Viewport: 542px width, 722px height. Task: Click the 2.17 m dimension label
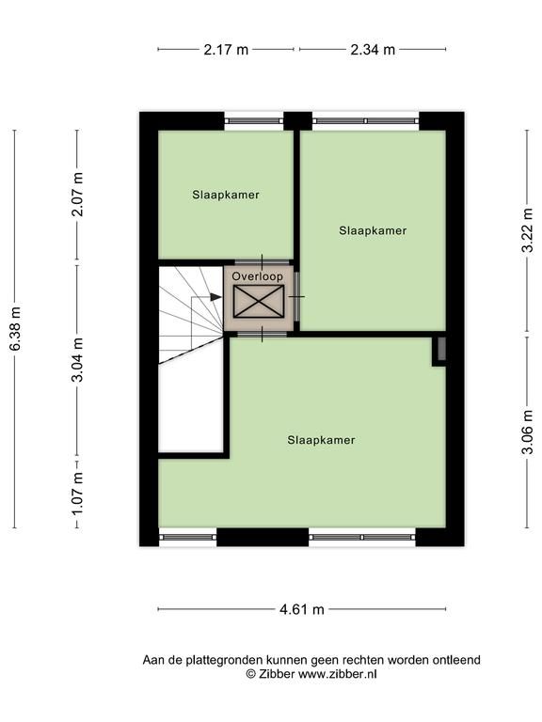226,49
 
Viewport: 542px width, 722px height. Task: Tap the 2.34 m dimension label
373,49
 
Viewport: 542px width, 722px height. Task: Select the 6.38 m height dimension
15,329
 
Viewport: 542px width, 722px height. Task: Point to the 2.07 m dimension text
78,195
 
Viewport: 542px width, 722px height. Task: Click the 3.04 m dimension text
78,360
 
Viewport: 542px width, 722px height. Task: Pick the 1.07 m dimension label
78,494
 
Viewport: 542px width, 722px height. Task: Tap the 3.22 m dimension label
528,230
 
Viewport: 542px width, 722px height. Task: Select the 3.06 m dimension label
528,432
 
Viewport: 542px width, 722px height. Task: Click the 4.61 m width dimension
302,609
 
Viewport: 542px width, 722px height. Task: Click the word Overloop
257,276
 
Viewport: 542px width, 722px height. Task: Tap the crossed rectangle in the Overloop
259,302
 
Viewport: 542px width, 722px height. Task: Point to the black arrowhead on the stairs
215,297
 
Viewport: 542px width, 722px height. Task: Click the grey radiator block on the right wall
441,349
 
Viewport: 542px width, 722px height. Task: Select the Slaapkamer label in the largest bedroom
321,440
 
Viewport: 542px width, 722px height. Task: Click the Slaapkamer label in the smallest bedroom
226,195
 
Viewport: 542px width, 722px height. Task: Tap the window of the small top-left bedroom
254,121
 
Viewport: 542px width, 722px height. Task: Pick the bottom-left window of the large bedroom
187,537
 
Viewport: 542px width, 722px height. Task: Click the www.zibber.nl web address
338,674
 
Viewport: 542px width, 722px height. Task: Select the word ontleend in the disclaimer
455,660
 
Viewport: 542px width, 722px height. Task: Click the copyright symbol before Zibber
250,674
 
